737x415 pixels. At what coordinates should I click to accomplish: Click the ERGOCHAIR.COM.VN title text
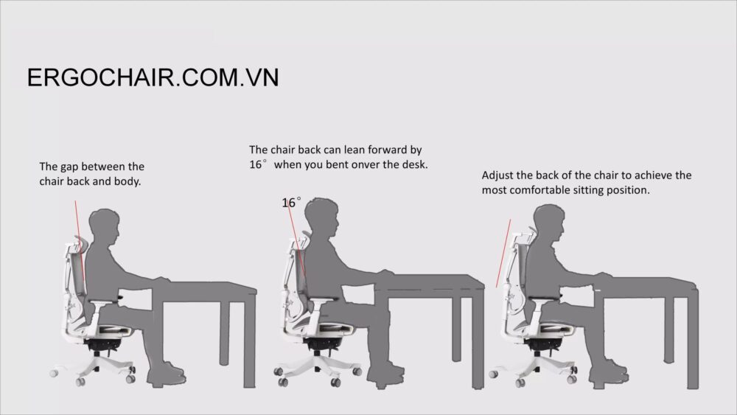coord(153,77)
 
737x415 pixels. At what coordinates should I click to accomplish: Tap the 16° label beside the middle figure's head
coord(291,203)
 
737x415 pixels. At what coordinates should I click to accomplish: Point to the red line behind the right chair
coord(503,254)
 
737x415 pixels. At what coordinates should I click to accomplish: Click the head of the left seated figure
coord(105,227)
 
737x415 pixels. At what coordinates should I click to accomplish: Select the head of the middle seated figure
coord(321,217)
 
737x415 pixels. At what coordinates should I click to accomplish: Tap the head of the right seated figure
coord(549,223)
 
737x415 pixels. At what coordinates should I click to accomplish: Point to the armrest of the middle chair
coord(323,301)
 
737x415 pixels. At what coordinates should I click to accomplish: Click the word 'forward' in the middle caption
coord(388,150)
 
